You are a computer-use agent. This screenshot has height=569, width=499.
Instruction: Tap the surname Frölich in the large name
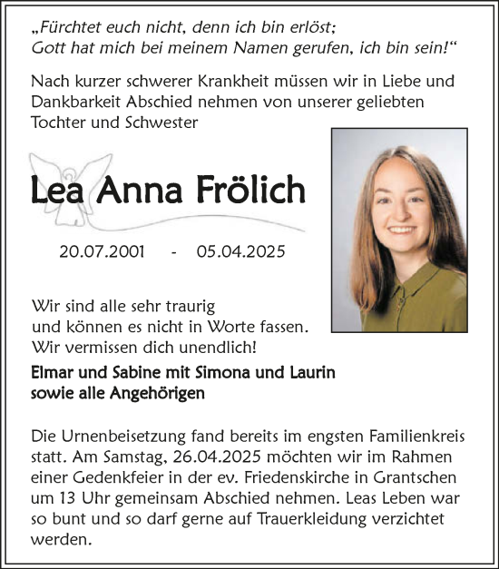[x=251, y=191]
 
